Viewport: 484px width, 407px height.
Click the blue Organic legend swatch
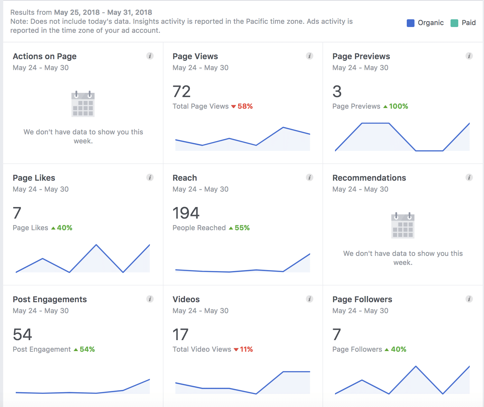click(410, 23)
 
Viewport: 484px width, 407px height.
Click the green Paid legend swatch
click(454, 23)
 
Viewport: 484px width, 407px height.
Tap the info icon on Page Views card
click(310, 56)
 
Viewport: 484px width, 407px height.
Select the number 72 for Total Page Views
click(182, 92)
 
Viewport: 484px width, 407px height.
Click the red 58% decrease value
click(245, 106)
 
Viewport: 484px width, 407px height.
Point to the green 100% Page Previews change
click(398, 106)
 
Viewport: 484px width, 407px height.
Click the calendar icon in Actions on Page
click(83, 104)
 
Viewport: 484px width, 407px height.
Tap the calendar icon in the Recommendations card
click(403, 225)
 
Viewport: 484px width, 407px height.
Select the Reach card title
click(185, 178)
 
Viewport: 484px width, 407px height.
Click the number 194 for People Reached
click(186, 213)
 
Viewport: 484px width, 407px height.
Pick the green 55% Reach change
click(242, 228)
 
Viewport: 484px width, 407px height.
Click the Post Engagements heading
click(50, 299)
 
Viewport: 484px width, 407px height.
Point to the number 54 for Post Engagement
click(23, 335)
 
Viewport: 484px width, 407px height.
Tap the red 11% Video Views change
click(246, 349)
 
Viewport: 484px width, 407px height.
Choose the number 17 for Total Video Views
click(181, 335)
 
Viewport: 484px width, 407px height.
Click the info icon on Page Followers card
click(469, 299)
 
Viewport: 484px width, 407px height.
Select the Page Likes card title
click(34, 178)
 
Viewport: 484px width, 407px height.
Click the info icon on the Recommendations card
click(469, 177)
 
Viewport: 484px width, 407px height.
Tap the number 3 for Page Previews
click(337, 92)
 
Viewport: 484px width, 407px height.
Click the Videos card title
click(186, 299)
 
